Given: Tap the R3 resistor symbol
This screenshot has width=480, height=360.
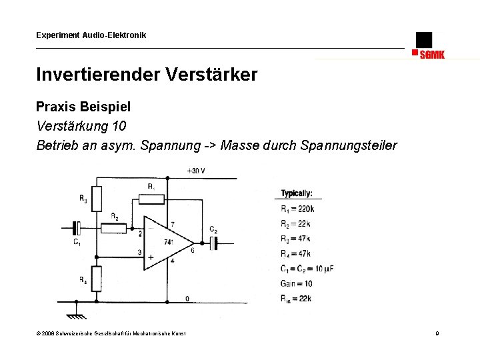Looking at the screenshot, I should click(x=97, y=198).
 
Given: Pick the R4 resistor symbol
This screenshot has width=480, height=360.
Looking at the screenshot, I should click(x=97, y=279).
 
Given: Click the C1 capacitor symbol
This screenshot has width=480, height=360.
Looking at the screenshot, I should click(x=77, y=229).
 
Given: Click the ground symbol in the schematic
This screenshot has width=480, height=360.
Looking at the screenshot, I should click(x=76, y=307).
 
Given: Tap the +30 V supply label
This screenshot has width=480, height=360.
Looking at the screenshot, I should click(x=195, y=171).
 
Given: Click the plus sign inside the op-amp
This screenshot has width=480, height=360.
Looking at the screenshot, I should click(x=151, y=257).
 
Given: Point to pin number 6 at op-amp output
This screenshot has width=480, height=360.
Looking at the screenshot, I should click(x=193, y=251).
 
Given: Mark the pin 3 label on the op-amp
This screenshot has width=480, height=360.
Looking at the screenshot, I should click(x=139, y=252).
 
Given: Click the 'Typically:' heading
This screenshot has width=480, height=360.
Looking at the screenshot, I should click(x=297, y=193).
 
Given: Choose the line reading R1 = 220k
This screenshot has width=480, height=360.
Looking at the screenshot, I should click(x=297, y=209).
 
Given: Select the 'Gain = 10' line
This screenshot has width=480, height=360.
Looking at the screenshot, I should click(x=297, y=283).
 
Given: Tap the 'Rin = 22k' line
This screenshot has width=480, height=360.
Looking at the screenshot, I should click(x=297, y=298).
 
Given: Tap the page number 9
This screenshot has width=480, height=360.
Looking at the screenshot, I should click(x=437, y=333).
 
